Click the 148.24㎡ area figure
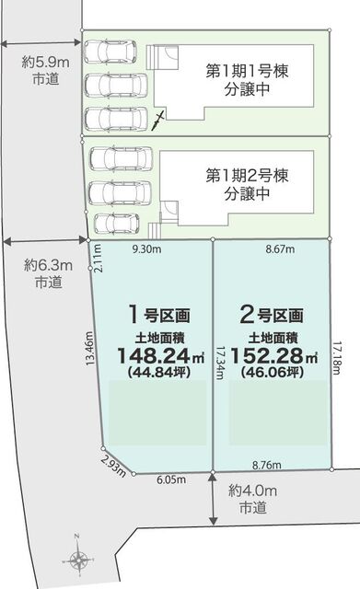point(161,355)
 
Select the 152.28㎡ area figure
point(274,355)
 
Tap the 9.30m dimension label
point(146,249)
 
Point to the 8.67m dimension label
point(280,249)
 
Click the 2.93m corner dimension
point(113,467)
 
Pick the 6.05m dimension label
point(171,479)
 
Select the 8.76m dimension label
point(267,465)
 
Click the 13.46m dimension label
point(89,348)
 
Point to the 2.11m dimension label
point(98,258)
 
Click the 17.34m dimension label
point(220,363)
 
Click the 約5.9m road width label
point(45,62)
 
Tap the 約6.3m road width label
point(48,266)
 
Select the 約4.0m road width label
point(253,491)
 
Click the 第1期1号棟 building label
point(247,72)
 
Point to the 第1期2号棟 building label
point(247,176)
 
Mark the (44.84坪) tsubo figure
point(159,372)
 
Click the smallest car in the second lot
point(116,224)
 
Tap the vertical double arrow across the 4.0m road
point(213,499)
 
